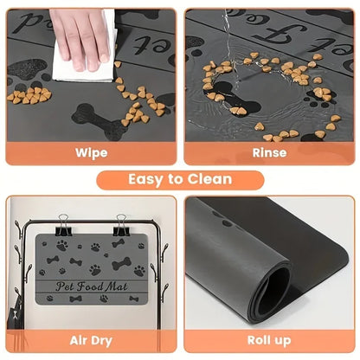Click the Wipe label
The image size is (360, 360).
(91, 152)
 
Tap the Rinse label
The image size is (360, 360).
(268, 152)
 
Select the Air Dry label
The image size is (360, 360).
(91, 341)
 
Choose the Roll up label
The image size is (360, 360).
(268, 341)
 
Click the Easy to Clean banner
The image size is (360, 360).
(180, 179)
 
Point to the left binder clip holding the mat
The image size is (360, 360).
(66, 226)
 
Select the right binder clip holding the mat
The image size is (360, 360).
(121, 226)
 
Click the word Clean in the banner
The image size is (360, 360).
(209, 179)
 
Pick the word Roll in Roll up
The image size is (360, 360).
(258, 341)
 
